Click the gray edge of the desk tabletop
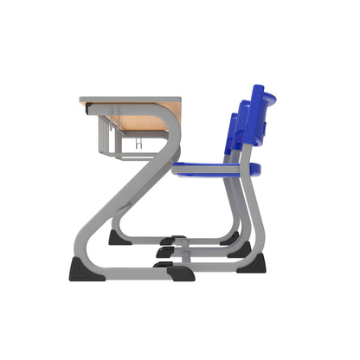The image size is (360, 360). [130, 99]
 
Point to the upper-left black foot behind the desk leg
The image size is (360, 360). [119, 237]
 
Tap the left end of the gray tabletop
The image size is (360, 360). [83, 99]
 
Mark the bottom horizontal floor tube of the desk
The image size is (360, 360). [138, 273]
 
